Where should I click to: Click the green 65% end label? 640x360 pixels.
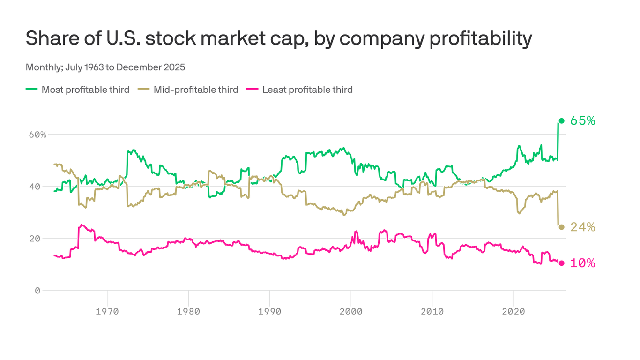pyautogui.click(x=582, y=121)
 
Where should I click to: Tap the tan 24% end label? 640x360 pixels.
pyautogui.click(x=582, y=227)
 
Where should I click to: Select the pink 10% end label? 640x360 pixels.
pyautogui.click(x=582, y=263)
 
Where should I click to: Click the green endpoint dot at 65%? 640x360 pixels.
pyautogui.click(x=561, y=121)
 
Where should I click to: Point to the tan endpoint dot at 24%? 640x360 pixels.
pyautogui.click(x=561, y=227)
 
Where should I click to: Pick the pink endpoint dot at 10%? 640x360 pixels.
pyautogui.click(x=561, y=263)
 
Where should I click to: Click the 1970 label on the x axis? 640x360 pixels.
pyautogui.click(x=107, y=311)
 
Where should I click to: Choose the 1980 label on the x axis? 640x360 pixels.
pyautogui.click(x=188, y=311)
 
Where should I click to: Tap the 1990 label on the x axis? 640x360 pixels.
pyautogui.click(x=269, y=311)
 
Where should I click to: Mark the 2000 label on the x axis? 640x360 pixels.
pyautogui.click(x=351, y=311)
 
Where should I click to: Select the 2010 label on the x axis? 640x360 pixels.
pyautogui.click(x=432, y=311)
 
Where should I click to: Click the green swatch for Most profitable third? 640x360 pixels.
pyautogui.click(x=31, y=90)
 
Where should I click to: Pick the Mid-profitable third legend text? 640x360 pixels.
pyautogui.click(x=196, y=90)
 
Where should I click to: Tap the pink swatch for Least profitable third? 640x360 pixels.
pyautogui.click(x=252, y=90)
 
